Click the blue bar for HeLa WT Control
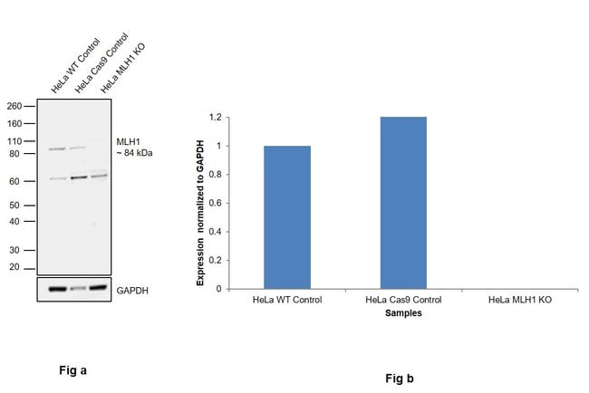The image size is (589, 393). (286, 217)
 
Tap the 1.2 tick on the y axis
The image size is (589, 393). (216, 118)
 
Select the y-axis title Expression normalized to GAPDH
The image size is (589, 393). (202, 205)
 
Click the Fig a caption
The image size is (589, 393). (72, 369)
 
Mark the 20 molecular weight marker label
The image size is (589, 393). (15, 268)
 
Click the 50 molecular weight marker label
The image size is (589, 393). (15, 206)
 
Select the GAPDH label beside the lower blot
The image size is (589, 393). (132, 291)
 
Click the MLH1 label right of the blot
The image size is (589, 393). (128, 142)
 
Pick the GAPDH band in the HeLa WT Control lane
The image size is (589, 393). (57, 290)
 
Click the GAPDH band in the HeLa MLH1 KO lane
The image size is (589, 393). (100, 290)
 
